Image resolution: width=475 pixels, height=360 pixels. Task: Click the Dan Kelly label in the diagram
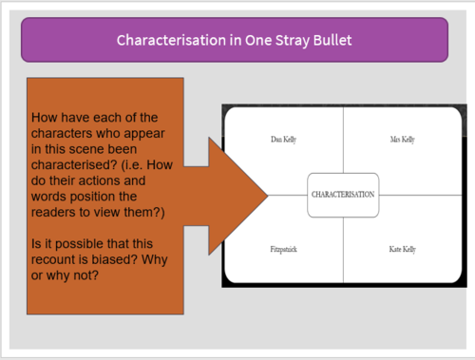click(x=283, y=141)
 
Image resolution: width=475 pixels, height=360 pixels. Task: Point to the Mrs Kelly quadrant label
click(x=402, y=141)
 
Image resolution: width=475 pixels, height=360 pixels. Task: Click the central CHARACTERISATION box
click(x=343, y=194)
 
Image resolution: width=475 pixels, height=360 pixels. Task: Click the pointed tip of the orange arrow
click(x=268, y=194)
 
